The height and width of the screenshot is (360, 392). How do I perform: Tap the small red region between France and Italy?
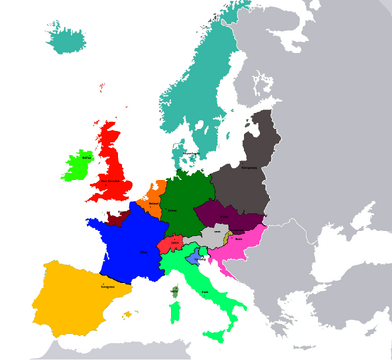pos(171,241)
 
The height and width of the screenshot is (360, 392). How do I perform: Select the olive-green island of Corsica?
pos(175,291)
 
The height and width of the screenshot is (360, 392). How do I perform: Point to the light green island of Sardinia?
pos(175,313)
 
